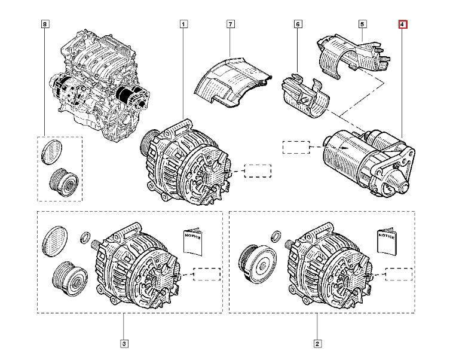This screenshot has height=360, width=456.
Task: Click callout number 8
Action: [x=45, y=25]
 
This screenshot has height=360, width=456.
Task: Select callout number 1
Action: [x=183, y=25]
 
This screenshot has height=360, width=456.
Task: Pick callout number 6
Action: [x=298, y=25]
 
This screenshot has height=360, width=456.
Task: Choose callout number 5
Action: [x=362, y=25]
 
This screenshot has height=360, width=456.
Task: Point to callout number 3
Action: [x=124, y=343]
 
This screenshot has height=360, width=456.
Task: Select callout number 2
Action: [x=317, y=343]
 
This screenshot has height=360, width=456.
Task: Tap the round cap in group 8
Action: [x=53, y=150]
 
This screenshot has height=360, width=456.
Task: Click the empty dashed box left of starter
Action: [x=296, y=147]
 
